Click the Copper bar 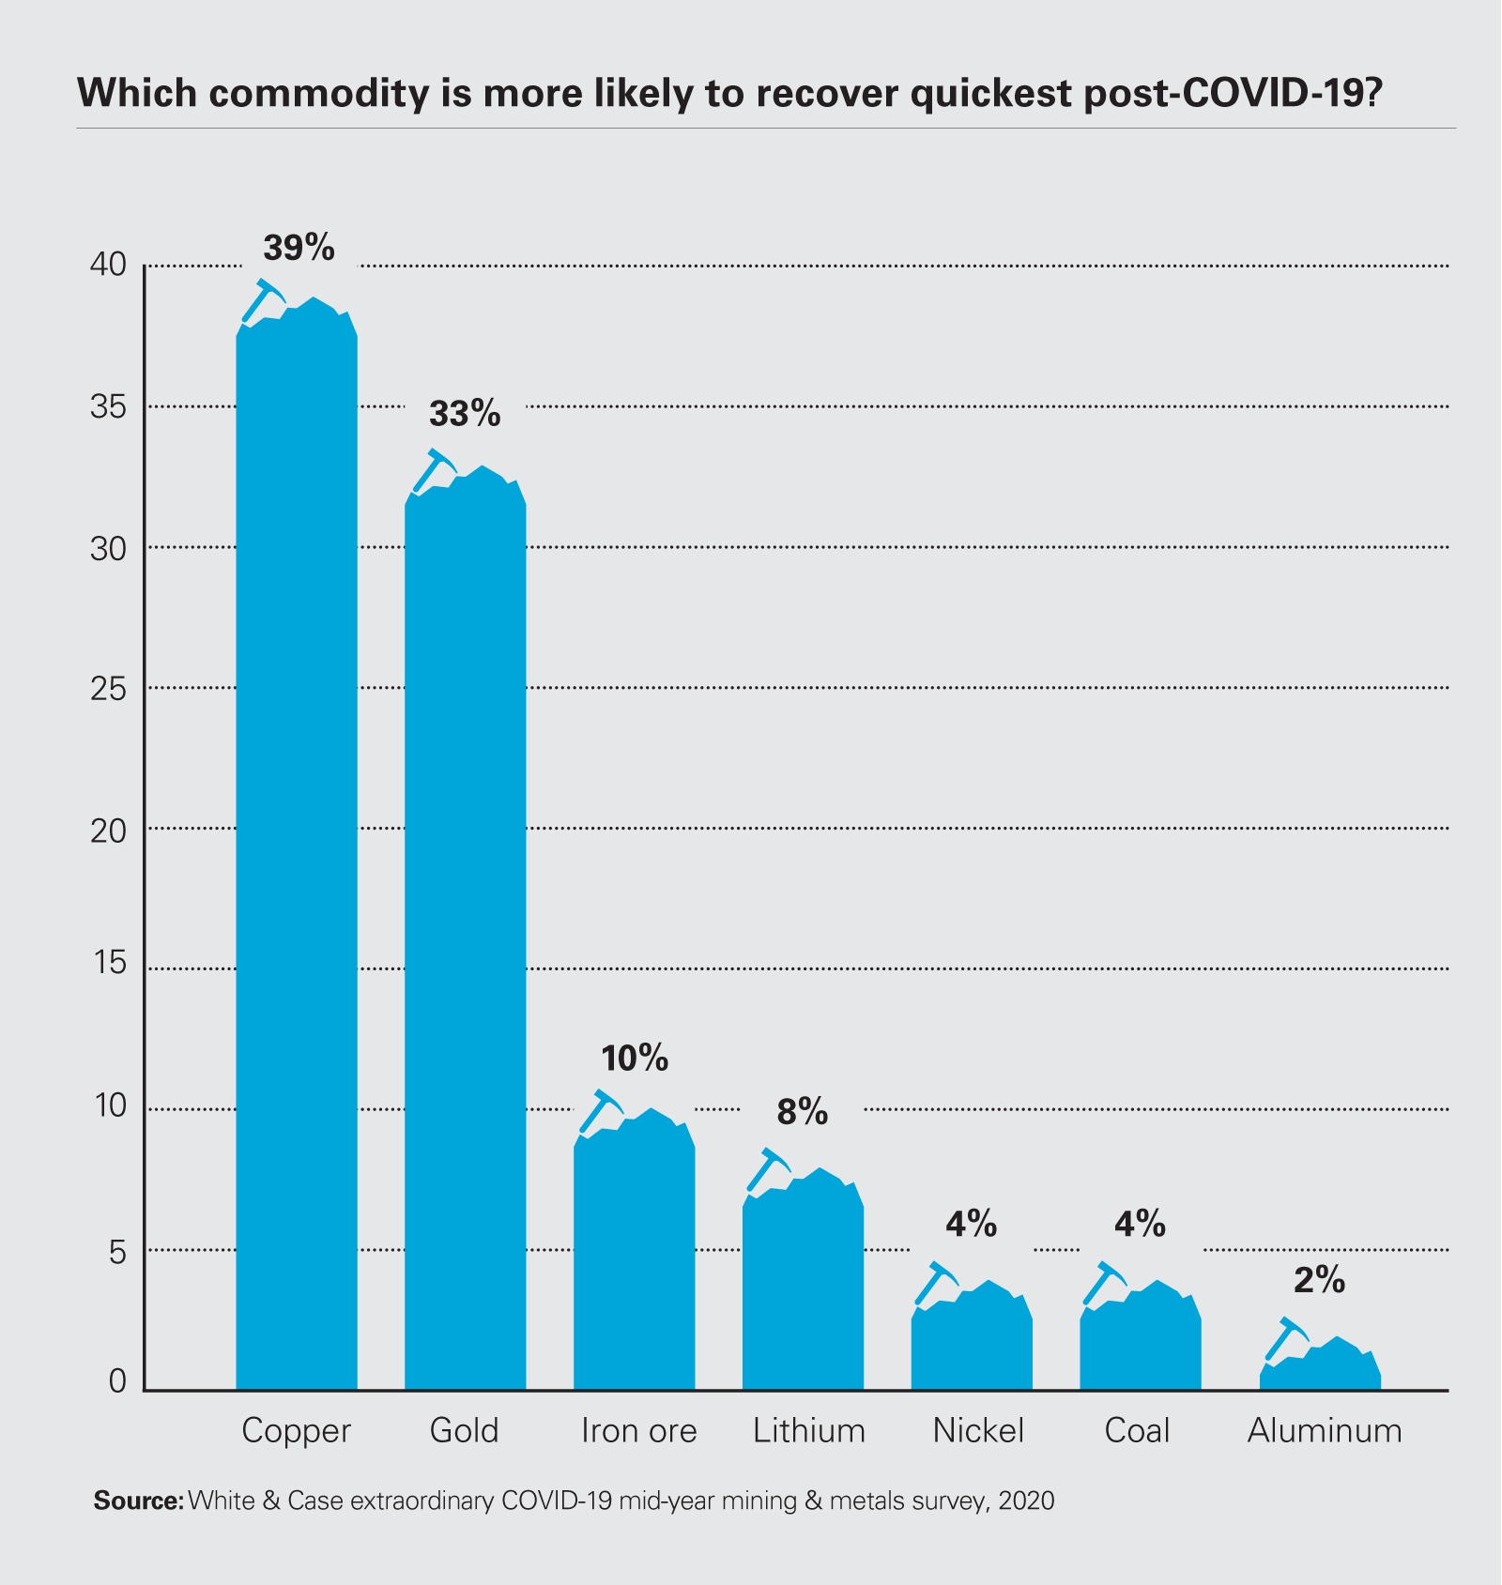(x=297, y=845)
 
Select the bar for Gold (x=465, y=938)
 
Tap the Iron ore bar (x=635, y=1257)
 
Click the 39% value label (x=299, y=248)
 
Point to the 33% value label (x=465, y=414)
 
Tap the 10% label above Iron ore (x=635, y=1059)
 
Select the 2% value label (x=1319, y=1280)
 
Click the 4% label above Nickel (x=971, y=1224)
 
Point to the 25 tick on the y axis (x=108, y=689)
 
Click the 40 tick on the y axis (x=108, y=266)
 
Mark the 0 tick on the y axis (x=117, y=1381)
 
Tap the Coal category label (x=1137, y=1431)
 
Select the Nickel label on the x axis (x=978, y=1431)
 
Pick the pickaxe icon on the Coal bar (x=1104, y=1283)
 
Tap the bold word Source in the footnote (x=139, y=1501)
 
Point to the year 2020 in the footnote (x=1026, y=1501)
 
